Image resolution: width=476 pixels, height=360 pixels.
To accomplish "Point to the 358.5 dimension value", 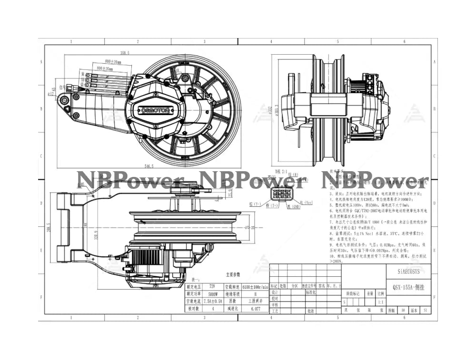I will click(125, 53).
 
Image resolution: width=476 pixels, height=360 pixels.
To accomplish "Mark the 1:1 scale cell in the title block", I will click(381, 302).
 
